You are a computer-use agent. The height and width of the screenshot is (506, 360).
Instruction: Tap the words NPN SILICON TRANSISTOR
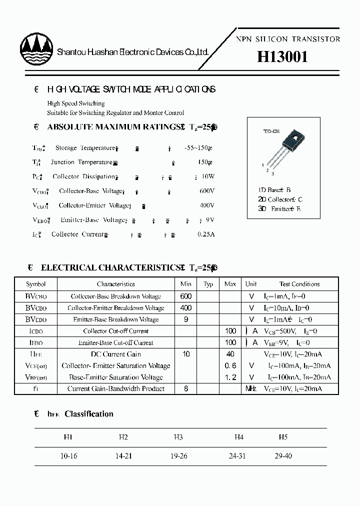288,39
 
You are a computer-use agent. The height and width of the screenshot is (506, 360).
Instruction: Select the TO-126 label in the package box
271,131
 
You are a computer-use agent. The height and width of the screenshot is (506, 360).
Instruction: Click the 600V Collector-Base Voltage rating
206,191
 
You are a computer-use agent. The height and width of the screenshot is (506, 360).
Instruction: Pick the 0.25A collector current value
205,234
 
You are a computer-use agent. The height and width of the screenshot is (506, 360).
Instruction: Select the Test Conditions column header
299,284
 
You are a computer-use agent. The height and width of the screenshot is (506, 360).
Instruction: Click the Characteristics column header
115,284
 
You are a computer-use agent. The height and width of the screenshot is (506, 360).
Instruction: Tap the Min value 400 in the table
185,308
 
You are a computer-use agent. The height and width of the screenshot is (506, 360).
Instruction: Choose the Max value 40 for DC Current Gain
230,354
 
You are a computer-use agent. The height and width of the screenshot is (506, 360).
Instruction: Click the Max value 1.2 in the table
230,377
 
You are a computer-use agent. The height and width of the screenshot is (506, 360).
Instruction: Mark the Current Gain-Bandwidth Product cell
115,389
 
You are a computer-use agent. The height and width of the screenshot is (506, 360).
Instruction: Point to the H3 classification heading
178,437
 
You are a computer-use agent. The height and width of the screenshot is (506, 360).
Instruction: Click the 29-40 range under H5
283,456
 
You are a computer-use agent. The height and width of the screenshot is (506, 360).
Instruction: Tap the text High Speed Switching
76,103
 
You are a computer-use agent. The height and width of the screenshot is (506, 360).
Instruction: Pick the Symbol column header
36,284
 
